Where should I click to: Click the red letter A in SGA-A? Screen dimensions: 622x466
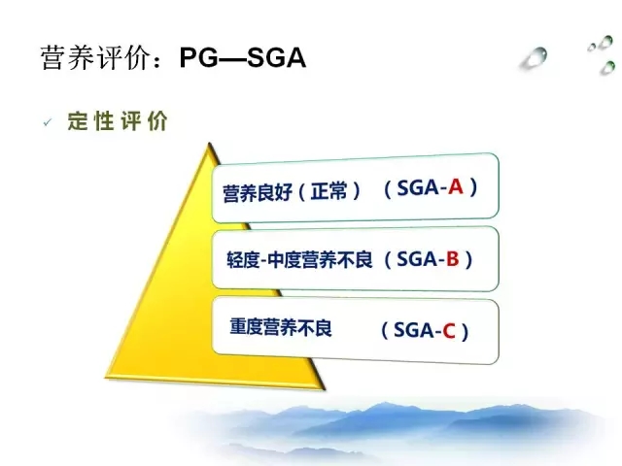[x=456, y=186]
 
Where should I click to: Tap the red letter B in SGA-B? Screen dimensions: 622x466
[x=453, y=259]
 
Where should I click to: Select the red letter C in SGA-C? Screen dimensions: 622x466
[x=449, y=331]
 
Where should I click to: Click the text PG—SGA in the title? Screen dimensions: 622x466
[x=243, y=58]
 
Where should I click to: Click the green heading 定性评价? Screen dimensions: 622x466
[x=118, y=120]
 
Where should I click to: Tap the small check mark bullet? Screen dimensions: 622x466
[x=48, y=122]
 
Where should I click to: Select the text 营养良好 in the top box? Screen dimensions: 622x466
[x=257, y=193]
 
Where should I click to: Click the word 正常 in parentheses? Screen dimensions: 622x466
[x=328, y=191]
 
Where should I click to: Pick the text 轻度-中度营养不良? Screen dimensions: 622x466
[x=299, y=260]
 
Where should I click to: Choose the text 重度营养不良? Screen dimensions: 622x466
[x=281, y=327]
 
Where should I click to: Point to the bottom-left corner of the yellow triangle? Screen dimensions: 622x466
[x=106, y=377]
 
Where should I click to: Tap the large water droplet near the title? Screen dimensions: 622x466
[x=535, y=58]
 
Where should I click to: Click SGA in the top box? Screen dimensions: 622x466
[x=418, y=187]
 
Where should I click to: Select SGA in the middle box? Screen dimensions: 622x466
[x=417, y=259]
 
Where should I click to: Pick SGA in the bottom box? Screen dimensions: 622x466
[x=413, y=331]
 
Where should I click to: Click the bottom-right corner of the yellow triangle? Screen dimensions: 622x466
[x=324, y=389]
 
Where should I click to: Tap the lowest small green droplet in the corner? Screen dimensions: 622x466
[x=607, y=67]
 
